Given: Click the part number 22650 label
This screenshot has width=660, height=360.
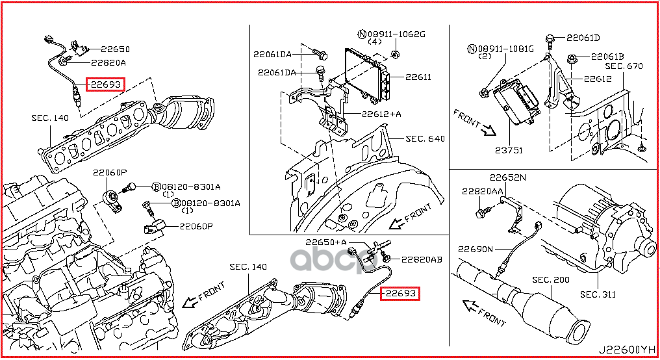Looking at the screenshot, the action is pyautogui.click(x=116, y=49).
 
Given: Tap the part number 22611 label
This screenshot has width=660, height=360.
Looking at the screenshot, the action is pyautogui.click(x=418, y=77).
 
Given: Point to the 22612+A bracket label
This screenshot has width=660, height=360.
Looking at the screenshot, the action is pyautogui.click(x=381, y=114).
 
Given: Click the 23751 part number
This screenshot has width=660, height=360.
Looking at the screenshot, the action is pyautogui.click(x=509, y=150).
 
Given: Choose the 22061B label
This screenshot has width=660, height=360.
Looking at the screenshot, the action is pyautogui.click(x=607, y=57).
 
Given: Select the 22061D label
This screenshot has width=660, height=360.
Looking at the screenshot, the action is pyautogui.click(x=583, y=38).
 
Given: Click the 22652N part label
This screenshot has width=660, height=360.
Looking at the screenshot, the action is pyautogui.click(x=507, y=177).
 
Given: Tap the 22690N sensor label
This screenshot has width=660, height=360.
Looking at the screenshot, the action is pyautogui.click(x=476, y=249).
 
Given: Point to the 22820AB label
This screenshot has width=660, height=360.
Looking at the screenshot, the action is pyautogui.click(x=422, y=259).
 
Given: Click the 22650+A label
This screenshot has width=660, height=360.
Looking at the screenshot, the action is pyautogui.click(x=326, y=242).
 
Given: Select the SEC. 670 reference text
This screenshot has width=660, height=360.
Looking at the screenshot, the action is pyautogui.click(x=624, y=66).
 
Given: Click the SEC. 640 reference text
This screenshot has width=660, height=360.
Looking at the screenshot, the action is pyautogui.click(x=425, y=138).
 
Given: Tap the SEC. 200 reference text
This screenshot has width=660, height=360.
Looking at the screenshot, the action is pyautogui.click(x=551, y=279).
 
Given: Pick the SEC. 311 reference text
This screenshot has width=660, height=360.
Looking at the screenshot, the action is pyautogui.click(x=598, y=294).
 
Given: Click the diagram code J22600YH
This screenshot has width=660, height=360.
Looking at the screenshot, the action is pyautogui.click(x=627, y=350).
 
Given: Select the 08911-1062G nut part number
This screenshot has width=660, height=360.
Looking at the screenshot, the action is pyautogui.click(x=392, y=34).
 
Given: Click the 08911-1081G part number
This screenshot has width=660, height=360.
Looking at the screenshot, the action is pyautogui.click(x=500, y=49).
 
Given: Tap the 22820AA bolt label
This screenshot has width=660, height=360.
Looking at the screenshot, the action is pyautogui.click(x=483, y=191).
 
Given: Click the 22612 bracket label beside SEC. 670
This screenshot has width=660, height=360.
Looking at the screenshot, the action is pyautogui.click(x=598, y=79).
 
